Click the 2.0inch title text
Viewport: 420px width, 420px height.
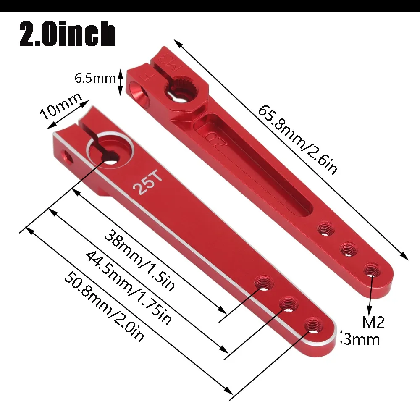[x=67, y=34]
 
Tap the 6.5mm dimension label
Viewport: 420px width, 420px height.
[x=94, y=79]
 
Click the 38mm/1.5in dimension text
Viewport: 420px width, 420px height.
[x=139, y=260]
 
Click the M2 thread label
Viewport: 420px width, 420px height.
[x=373, y=322]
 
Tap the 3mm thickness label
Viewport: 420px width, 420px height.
[x=362, y=339]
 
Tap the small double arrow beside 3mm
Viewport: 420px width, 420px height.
[x=341, y=339]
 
